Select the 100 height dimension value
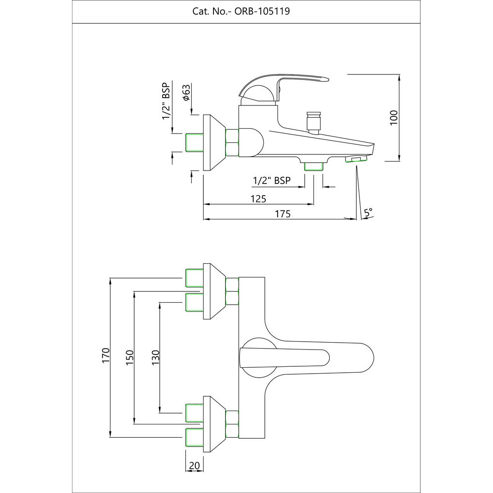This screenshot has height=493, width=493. coord(393,117)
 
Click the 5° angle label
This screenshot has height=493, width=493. coord(368,212)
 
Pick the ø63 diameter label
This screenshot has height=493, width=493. coord(186,93)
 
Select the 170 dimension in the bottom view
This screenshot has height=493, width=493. coord(105,356)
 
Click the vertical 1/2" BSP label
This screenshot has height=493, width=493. coord(166,102)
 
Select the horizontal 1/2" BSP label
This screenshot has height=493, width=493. coord(271,181)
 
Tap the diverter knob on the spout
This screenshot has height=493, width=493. coord(314,121)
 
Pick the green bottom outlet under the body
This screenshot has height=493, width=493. coord(314,167)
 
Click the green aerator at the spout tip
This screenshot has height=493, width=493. coord(357,159)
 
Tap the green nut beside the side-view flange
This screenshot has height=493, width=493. coord(232,142)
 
